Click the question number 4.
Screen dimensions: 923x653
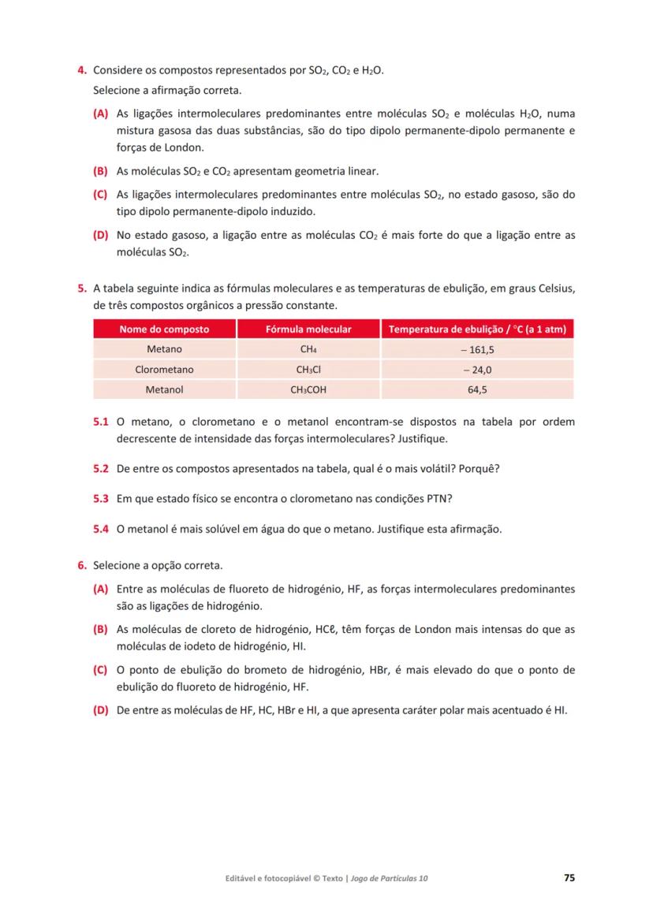(81, 71)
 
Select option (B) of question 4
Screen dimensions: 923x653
(100, 170)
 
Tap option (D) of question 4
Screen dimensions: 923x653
(100, 235)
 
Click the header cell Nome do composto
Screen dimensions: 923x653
(164, 329)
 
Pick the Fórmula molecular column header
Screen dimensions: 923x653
(308, 329)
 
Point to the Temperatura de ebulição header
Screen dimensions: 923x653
(477, 329)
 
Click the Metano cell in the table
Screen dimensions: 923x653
(164, 349)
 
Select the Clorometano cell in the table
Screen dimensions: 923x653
(164, 370)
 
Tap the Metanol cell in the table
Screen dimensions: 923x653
(164, 389)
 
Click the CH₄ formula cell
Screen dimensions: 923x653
(308, 349)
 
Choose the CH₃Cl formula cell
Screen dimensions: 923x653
(308, 370)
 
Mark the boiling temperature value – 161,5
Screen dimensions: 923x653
(477, 349)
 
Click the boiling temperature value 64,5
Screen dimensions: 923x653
(477, 389)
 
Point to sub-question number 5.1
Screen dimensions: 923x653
(100, 422)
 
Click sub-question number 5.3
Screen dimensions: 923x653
(100, 499)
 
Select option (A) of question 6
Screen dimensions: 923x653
(100, 589)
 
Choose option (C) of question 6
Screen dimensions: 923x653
(100, 670)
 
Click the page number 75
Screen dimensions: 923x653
(569, 877)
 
